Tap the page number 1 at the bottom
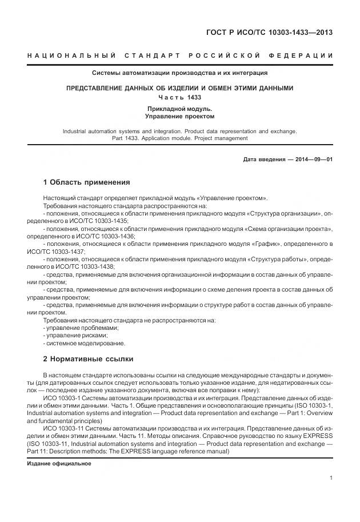click(331, 477)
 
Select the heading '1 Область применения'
click(86, 182)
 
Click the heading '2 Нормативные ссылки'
click(88, 359)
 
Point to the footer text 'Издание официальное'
click(59, 463)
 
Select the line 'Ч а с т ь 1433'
click(179, 98)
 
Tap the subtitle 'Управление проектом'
click(179, 116)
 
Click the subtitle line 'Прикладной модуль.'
click(179, 109)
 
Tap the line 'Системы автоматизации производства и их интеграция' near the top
click(179, 73)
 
